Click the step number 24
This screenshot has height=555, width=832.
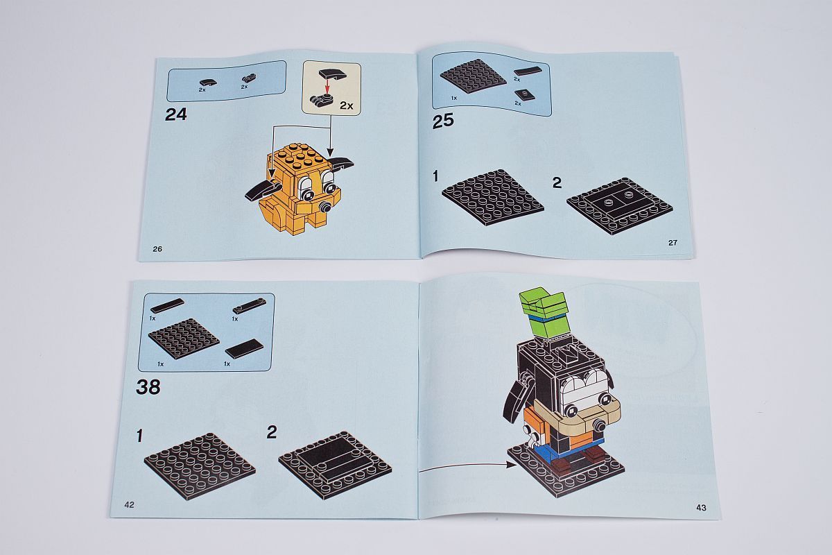pos(175,114)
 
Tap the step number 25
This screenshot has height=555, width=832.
pos(443,121)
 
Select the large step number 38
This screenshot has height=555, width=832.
pos(148,387)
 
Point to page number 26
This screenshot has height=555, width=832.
pos(157,248)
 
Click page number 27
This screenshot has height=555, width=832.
pos(673,243)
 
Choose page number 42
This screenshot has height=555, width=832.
pos(129,504)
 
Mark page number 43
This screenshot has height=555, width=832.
pos(701,507)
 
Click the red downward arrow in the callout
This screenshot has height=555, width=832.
pos(327,86)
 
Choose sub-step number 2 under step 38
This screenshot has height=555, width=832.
pos(272,433)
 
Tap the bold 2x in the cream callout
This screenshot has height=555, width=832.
pos(346,105)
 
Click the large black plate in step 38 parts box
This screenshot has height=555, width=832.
pos(184,339)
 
